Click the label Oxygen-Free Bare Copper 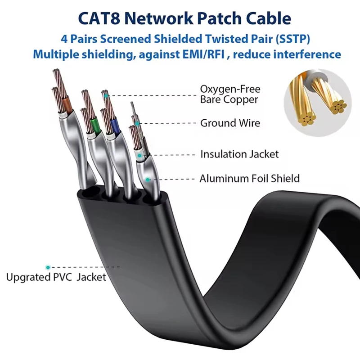230,94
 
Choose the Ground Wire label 230,123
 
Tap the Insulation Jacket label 239,154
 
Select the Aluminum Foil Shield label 249,179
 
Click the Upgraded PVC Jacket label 56,277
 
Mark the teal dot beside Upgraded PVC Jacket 48,267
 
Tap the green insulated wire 94,121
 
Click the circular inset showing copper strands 318,103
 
